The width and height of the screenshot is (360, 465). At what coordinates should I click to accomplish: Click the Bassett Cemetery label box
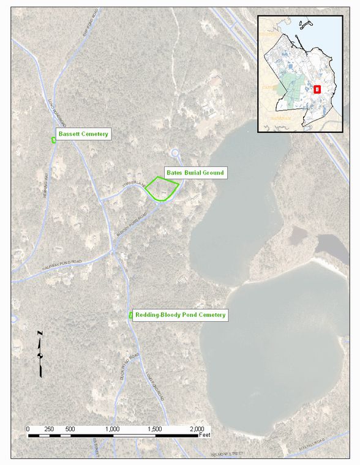tap(83, 133)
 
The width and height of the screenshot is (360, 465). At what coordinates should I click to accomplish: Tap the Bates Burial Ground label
tap(195, 173)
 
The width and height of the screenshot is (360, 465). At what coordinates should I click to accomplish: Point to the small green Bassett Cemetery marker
tap(54, 140)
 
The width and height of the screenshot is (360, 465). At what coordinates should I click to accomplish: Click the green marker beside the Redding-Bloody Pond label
tap(131, 315)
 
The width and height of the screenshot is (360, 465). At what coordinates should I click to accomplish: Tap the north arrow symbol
tap(40, 354)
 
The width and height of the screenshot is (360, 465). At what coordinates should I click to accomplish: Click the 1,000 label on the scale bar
tap(113, 429)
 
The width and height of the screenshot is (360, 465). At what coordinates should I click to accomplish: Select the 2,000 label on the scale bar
tap(197, 429)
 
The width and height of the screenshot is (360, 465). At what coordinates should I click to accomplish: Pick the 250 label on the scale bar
tap(49, 429)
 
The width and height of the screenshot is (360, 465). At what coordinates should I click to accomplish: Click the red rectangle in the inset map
tap(317, 89)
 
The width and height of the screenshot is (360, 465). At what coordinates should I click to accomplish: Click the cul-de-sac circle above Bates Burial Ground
tap(175, 153)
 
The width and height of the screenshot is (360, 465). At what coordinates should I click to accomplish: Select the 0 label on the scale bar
tap(28, 429)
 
